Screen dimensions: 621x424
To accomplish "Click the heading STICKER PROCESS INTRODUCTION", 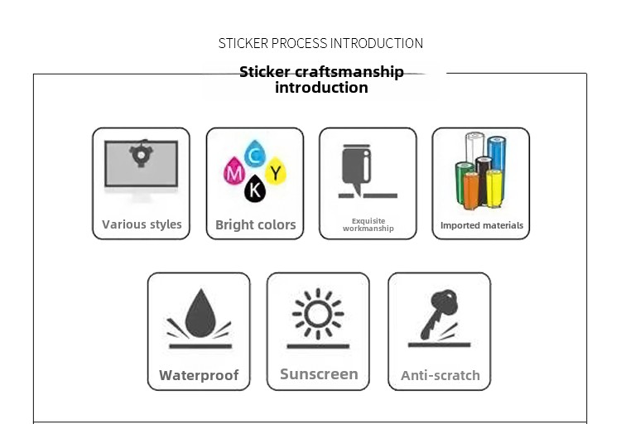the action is (320, 43).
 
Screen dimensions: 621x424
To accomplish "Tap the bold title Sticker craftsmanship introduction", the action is (321, 79).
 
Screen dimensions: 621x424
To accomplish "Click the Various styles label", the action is (142, 224).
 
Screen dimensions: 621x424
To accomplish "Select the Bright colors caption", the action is (255, 224).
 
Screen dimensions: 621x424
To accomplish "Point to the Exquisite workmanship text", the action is (368, 224).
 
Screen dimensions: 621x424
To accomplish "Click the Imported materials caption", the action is (482, 225).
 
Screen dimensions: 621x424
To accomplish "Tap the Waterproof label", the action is (199, 375).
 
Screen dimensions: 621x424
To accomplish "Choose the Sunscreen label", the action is (319, 373).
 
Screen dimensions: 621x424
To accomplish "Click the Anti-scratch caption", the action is (440, 375).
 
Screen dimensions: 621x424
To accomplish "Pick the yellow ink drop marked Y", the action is (277, 173).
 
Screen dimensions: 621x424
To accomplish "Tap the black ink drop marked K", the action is (256, 191).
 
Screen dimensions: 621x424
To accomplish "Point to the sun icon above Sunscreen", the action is (318, 316).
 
